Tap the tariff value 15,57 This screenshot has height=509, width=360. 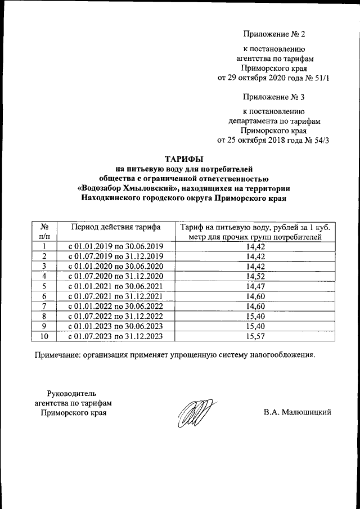click(x=256, y=336)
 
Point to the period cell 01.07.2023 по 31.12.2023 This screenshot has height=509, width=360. click(x=115, y=336)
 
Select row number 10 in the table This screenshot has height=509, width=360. click(x=43, y=336)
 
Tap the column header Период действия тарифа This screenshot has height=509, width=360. click(x=115, y=227)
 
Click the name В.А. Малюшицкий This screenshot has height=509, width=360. click(x=297, y=412)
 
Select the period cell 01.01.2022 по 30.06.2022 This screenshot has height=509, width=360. click(x=115, y=306)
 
